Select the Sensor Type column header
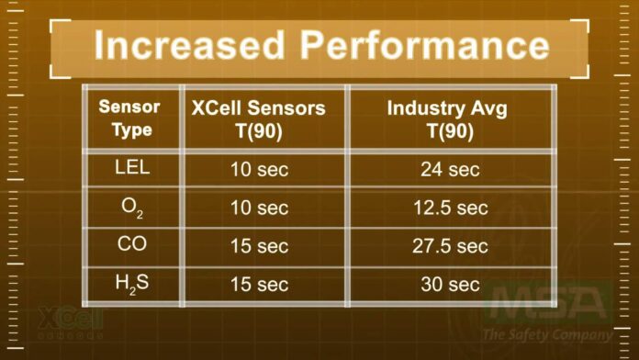[129, 118]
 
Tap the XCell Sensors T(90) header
[259, 118]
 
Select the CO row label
[133, 245]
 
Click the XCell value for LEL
[259, 169]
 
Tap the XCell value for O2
[259, 208]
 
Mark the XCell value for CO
[259, 246]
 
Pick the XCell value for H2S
[259, 285]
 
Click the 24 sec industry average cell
[450, 169]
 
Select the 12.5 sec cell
[450, 208]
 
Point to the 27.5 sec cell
[450, 246]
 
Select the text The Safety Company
[548, 333]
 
